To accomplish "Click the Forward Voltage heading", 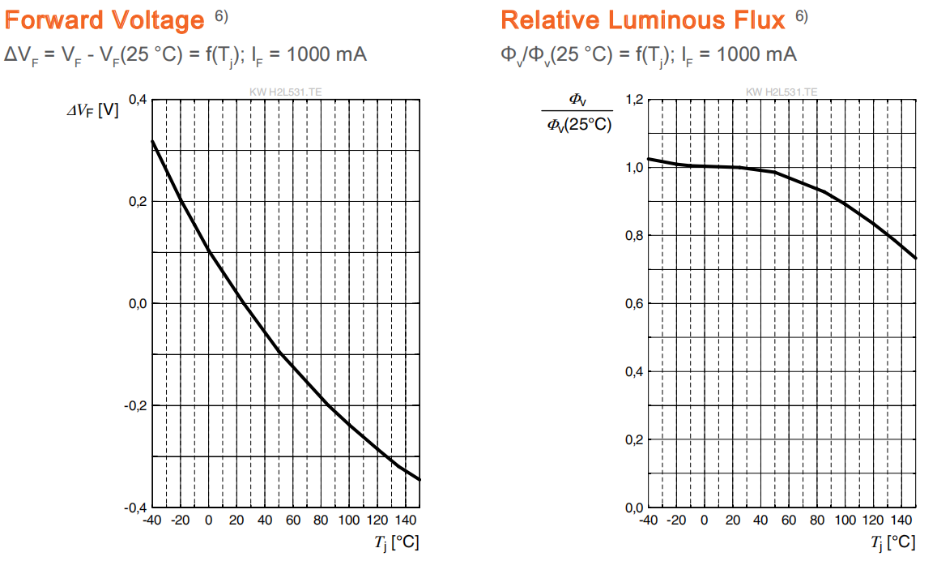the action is click(104, 20).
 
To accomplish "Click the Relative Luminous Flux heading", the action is click(643, 20).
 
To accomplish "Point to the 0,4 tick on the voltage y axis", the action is click(138, 99).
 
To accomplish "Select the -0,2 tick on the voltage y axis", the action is click(135, 405).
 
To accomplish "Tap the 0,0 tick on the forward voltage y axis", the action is click(138, 303).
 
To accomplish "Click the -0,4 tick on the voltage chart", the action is click(135, 507).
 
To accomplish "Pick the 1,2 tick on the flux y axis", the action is click(635, 99).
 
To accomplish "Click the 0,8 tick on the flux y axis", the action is click(635, 236).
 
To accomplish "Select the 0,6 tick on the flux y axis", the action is click(635, 304).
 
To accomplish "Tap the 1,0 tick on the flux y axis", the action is click(635, 168).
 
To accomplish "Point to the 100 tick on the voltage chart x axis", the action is click(349, 520).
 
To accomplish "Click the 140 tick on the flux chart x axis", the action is click(901, 520).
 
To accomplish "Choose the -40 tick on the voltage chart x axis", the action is click(151, 520).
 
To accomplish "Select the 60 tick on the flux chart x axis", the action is click(789, 520).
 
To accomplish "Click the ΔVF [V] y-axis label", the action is click(92, 110).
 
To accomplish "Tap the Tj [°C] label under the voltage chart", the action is click(397, 543).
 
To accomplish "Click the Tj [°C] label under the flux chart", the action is click(893, 543).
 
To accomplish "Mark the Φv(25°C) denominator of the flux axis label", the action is click(579, 124).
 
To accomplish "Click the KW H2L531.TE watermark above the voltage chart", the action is click(286, 92).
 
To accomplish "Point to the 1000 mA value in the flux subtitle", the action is click(756, 54).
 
